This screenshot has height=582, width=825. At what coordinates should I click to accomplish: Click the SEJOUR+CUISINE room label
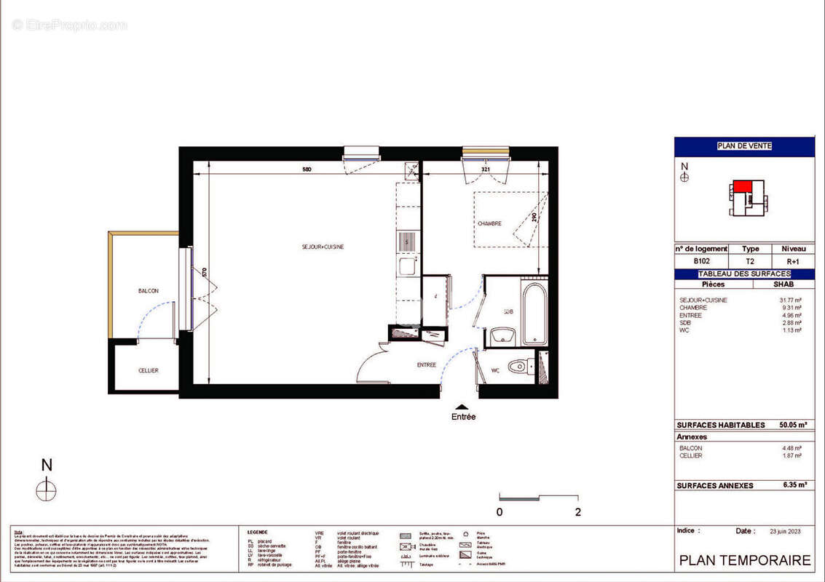click(x=323, y=247)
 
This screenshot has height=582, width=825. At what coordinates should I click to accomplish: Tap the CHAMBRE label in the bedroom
click(x=489, y=224)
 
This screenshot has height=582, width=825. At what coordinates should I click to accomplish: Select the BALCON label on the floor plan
click(x=148, y=291)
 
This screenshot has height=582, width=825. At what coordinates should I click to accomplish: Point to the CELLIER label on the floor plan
click(x=148, y=371)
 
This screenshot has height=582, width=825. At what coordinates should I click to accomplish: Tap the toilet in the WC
click(x=518, y=366)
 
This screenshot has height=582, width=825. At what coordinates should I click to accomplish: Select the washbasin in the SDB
click(x=502, y=337)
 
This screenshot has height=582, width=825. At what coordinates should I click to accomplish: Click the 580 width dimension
click(x=307, y=170)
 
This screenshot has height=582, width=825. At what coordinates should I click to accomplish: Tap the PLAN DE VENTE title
click(x=744, y=146)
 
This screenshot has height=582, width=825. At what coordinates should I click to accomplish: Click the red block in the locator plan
click(x=742, y=187)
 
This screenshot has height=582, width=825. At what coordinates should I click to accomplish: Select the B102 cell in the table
click(x=702, y=260)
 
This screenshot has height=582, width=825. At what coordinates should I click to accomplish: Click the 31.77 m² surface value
click(x=791, y=300)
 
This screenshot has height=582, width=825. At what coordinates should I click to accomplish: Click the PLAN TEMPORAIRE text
click(x=744, y=560)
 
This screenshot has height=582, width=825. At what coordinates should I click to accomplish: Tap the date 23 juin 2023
click(x=787, y=532)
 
